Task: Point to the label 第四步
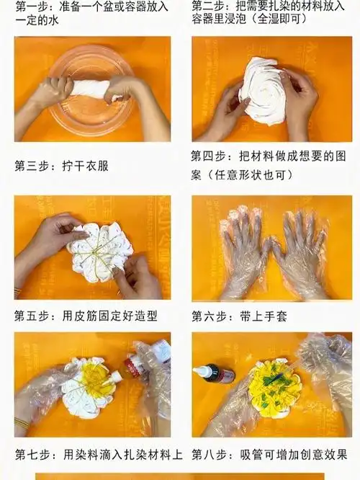click(x=210, y=156)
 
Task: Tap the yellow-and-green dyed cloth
click(x=274, y=385)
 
